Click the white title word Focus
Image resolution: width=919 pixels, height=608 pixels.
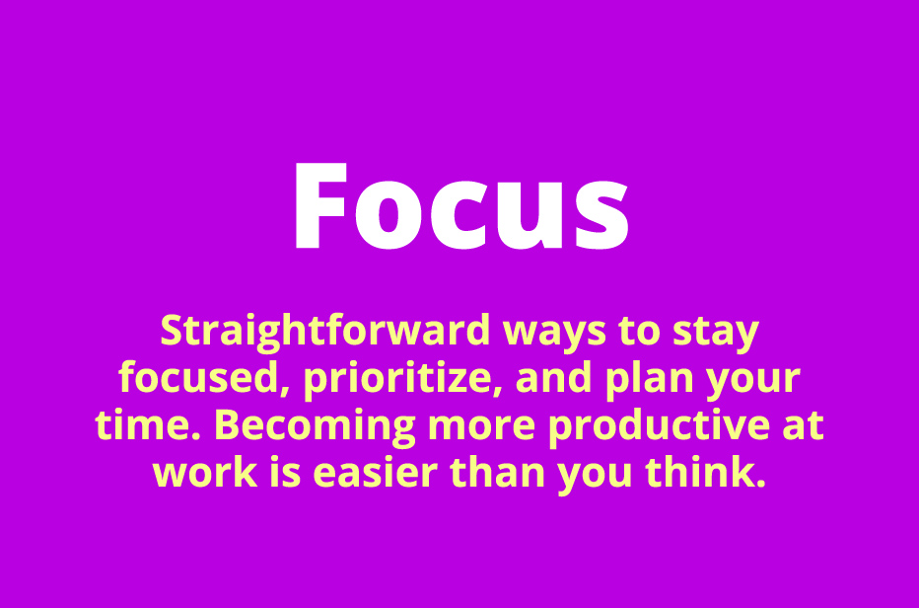coord(461,205)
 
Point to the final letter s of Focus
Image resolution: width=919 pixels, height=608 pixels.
coord(601,216)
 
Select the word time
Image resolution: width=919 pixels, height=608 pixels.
coord(147,424)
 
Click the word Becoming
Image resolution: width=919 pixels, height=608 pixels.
coord(315,427)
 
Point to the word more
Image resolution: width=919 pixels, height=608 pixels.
coord(482,427)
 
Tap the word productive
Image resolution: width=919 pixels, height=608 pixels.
coord(660,426)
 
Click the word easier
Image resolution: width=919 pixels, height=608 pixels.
coord(376,473)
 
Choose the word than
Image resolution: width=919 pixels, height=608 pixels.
coord(498,472)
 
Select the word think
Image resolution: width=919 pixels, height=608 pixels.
coord(706,472)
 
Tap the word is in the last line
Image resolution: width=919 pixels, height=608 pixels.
coord(285,473)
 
